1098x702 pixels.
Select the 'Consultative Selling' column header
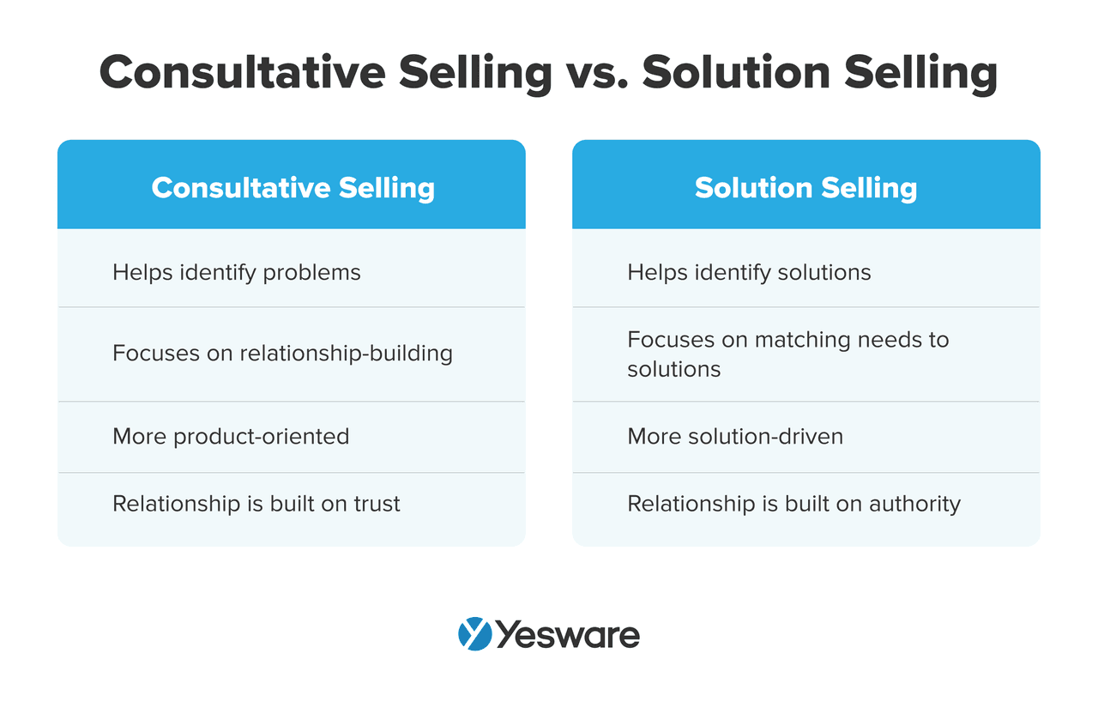click(293, 188)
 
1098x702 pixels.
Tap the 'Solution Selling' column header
click(805, 188)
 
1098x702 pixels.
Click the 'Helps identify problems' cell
click(236, 273)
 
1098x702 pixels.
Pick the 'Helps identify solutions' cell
click(749, 273)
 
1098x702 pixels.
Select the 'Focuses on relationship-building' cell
click(282, 353)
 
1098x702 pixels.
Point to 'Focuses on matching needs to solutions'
click(788, 354)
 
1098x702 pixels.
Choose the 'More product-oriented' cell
click(231, 437)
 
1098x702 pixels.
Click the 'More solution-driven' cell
click(735, 436)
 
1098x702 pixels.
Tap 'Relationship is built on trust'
click(256, 504)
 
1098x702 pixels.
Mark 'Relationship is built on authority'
click(794, 505)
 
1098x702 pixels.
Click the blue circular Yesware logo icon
click(474, 633)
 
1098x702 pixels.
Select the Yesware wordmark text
click(568, 635)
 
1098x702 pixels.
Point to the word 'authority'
click(914, 505)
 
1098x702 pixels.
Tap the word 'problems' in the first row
click(311, 274)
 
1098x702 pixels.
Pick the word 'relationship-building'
click(346, 353)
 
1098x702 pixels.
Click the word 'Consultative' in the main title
click(243, 73)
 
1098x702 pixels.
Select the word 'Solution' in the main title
click(736, 73)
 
